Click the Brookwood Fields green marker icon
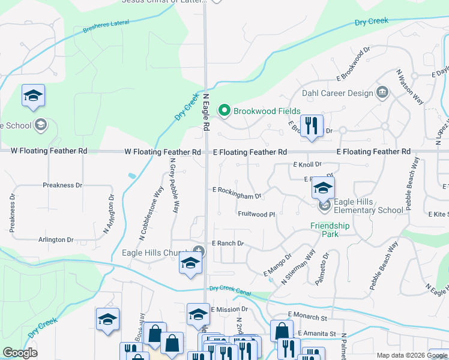coord(224,110)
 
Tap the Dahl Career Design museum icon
coord(382,92)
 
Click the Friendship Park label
coord(330,230)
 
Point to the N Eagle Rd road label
coord(206,112)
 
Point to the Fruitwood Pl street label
coord(256,214)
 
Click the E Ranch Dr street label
coord(228,244)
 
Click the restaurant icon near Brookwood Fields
coord(311,126)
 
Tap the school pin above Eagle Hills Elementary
coord(323,189)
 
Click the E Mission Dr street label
coord(229,310)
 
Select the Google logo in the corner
coord(20,353)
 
